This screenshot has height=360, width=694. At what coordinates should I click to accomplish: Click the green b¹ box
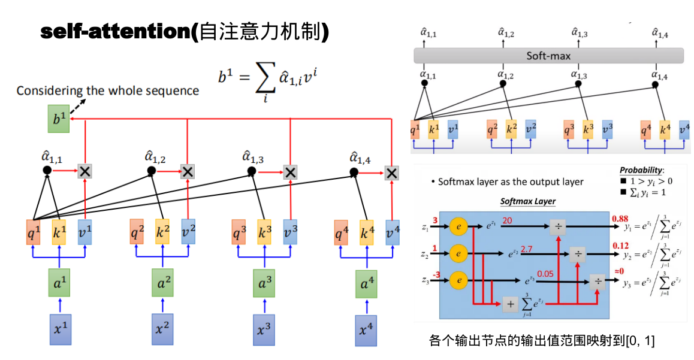tap(59, 119)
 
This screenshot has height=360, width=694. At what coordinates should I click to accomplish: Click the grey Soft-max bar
tap(548, 56)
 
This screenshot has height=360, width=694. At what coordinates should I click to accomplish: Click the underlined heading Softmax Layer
tap(527, 201)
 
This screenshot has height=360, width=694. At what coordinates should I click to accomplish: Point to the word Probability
tap(642, 170)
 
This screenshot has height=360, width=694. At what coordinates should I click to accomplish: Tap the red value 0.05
tap(545, 274)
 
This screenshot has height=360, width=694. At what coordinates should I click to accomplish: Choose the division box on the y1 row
tap(558, 228)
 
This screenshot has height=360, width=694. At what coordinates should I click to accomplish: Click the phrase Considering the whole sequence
tap(107, 91)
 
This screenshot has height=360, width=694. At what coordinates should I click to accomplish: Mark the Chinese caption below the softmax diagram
tap(542, 341)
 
